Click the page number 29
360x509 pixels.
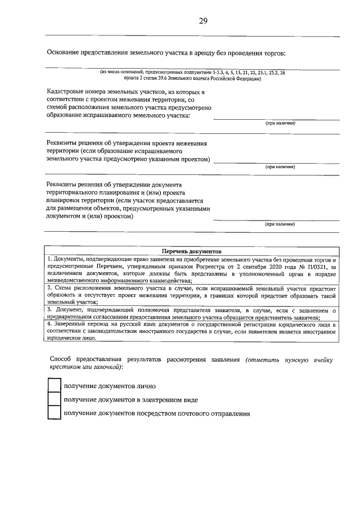click(203, 21)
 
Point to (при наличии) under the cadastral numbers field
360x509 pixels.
click(280, 123)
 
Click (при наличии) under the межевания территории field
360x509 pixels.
click(280, 167)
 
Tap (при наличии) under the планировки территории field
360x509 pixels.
click(280, 224)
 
